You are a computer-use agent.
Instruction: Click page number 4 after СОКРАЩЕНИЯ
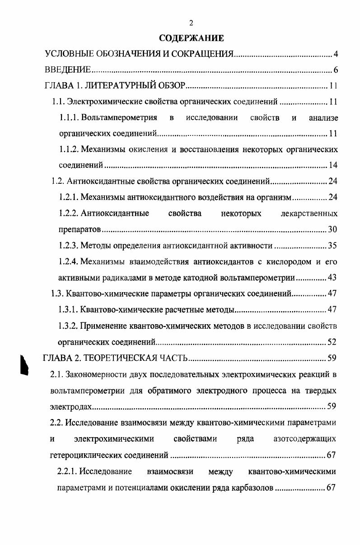[336, 55]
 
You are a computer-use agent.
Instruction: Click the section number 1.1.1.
[69, 118]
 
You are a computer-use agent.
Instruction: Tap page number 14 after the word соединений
[333, 165]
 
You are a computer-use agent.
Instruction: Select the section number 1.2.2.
[69, 213]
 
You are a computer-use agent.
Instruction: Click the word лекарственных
[309, 213]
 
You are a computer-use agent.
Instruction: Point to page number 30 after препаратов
[333, 229]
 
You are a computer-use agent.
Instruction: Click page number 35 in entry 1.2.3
[333, 246]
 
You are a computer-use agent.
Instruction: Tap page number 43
[333, 277]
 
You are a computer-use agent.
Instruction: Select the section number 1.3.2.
[69, 326]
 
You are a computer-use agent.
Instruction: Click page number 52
[333, 341]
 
